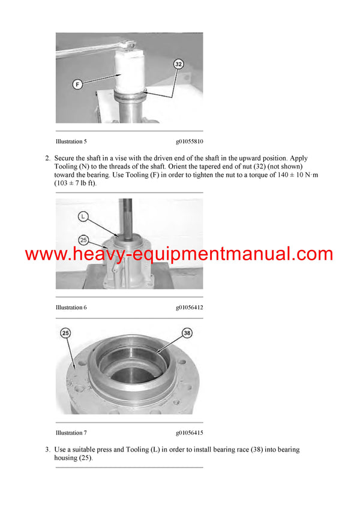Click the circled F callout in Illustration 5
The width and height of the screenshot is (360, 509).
click(77, 85)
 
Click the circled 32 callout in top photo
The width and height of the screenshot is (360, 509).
click(178, 64)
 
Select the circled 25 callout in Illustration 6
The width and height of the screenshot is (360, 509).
click(83, 240)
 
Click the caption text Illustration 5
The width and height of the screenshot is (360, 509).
click(71, 141)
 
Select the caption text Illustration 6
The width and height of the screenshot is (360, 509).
click(71, 308)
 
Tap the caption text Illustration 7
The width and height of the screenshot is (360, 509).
click(71, 432)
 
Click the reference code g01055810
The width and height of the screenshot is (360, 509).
click(189, 141)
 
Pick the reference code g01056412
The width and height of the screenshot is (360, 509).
click(189, 308)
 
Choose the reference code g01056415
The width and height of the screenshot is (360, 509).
click(189, 432)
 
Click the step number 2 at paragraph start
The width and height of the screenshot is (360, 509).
click(47, 158)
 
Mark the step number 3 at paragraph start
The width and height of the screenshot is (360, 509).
click(47, 450)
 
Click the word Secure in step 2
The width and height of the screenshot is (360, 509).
click(65, 158)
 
